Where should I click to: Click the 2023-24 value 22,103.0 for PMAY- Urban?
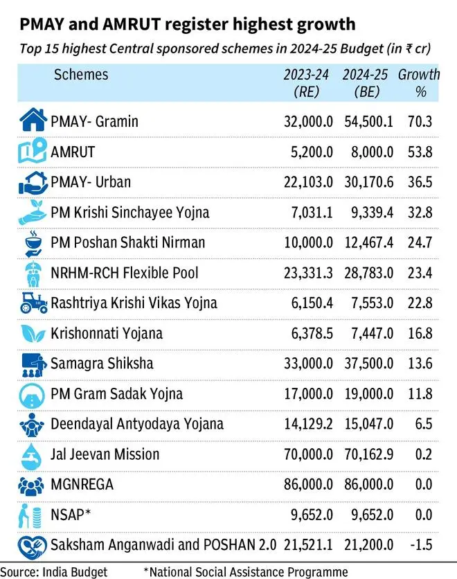tap(307, 181)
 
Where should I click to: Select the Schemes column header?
tap(81, 74)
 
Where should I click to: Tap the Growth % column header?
tap(419, 82)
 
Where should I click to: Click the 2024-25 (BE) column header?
tap(368, 82)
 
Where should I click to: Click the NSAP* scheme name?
tap(70, 515)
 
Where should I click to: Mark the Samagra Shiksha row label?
tap(101, 363)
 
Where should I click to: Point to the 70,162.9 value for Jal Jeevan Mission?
tap(368, 454)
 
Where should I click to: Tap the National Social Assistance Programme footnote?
tap(245, 571)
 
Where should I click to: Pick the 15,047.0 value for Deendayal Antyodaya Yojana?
tap(368, 424)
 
